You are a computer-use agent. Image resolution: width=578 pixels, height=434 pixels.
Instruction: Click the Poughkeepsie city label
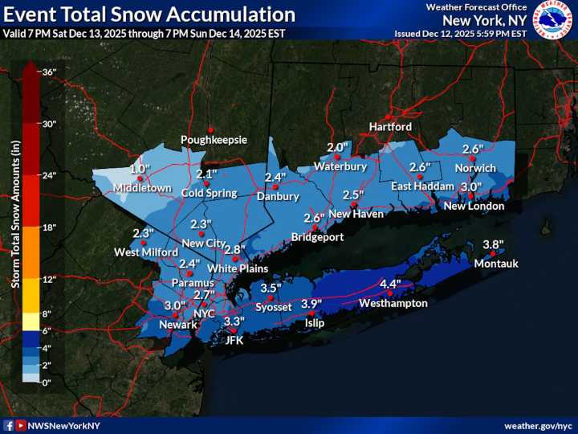tap(214, 140)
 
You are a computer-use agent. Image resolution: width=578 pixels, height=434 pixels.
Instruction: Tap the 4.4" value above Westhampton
tap(390, 284)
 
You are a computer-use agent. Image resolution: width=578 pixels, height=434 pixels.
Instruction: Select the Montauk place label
tap(496, 264)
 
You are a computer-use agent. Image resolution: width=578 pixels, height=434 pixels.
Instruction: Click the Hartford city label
tap(390, 127)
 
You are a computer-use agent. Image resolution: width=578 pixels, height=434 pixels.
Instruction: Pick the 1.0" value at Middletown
tap(140, 169)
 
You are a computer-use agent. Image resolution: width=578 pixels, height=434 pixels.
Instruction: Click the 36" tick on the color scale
tap(48, 72)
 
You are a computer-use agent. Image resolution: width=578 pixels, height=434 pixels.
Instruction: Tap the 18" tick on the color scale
tap(48, 227)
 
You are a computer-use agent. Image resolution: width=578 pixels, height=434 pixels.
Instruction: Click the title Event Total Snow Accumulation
tap(149, 14)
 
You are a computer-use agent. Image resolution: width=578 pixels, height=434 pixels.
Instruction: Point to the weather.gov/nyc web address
tap(537, 425)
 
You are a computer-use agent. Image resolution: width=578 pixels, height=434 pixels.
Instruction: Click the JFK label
tap(234, 340)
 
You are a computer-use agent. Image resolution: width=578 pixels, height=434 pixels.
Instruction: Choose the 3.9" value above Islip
tap(311, 303)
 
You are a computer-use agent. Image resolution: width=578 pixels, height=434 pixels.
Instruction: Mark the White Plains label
tap(237, 268)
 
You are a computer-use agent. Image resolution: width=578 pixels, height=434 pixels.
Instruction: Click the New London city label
tap(474, 206)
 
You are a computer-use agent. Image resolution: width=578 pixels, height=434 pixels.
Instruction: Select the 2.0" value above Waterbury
tap(337, 147)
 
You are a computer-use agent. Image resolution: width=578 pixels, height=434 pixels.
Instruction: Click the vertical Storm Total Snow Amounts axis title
tap(14, 213)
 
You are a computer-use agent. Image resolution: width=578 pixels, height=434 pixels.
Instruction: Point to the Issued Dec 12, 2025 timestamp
tap(460, 33)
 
